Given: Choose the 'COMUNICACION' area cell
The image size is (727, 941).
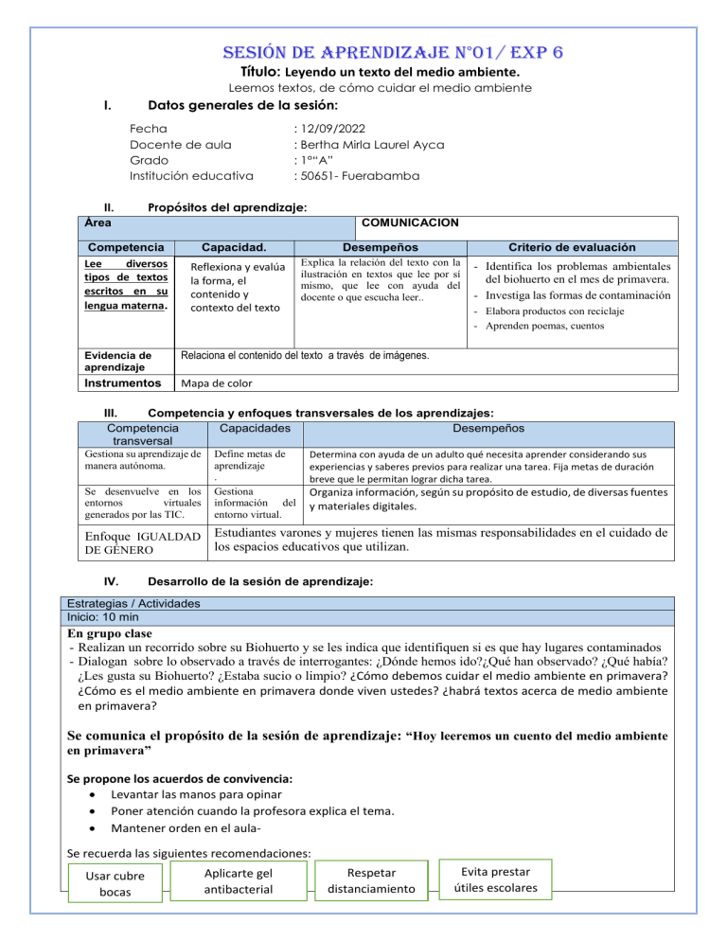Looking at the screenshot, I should click(x=412, y=222).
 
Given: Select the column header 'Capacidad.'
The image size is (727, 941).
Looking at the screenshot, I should click(x=233, y=246).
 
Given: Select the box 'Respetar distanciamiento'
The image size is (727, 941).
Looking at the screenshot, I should click(x=370, y=879).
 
